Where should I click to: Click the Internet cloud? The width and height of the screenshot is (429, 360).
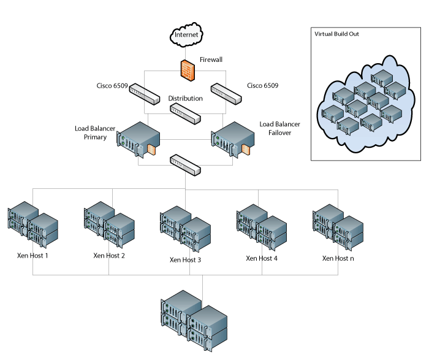tap(187, 36)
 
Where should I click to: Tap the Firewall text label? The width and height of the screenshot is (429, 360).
tap(212, 60)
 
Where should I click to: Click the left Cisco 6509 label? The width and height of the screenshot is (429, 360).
tap(112, 86)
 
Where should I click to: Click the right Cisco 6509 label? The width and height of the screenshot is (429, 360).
tap(262, 86)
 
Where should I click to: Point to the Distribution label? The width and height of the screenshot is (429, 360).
tap(185, 98)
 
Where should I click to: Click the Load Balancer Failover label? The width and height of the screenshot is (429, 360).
tap(275, 128)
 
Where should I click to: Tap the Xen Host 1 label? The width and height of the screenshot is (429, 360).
tap(32, 255)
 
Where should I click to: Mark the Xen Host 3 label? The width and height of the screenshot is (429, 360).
tap(185, 259)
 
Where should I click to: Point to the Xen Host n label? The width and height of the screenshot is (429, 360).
tap(338, 258)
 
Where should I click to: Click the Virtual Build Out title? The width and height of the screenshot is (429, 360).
tap(336, 34)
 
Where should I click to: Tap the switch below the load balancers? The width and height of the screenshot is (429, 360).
tap(185, 164)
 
